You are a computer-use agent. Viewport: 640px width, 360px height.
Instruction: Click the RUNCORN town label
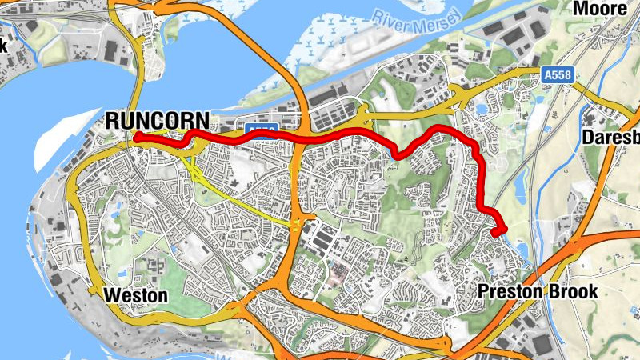pos(158,121)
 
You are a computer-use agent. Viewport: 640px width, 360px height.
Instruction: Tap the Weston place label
pos(136,296)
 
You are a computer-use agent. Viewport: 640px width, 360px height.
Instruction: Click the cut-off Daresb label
pos(611,137)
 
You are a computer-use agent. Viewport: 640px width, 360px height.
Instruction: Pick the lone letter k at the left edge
pos(3,46)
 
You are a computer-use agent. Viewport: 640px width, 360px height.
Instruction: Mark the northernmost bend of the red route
pos(436,127)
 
